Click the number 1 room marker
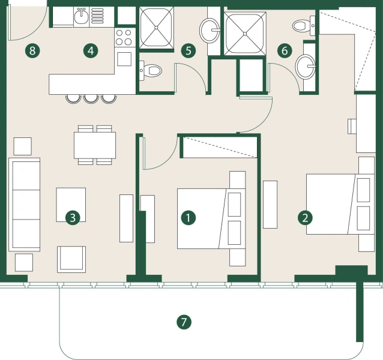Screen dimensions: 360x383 tap(188, 217)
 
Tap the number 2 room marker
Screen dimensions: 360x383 tap(306, 217)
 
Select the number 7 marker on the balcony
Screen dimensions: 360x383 tap(184, 322)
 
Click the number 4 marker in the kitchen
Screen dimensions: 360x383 tap(90, 50)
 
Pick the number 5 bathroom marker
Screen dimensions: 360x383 tap(188, 50)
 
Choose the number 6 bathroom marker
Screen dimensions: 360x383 tap(284, 50)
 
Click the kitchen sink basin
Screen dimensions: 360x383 tap(82, 17)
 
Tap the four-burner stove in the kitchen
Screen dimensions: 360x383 tap(124, 37)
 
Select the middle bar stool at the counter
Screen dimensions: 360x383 tap(91, 97)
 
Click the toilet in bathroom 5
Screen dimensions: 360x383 tap(152, 71)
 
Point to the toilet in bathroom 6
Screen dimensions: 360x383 tap(302, 25)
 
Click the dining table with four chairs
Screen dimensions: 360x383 tap(94, 145)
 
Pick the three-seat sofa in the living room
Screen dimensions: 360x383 tap(24, 205)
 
